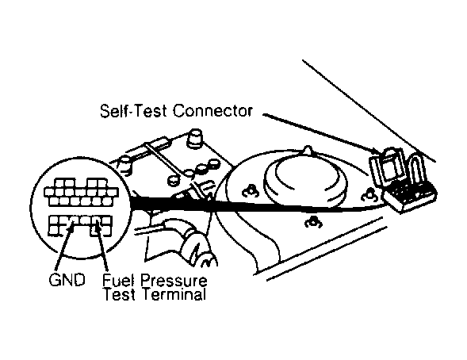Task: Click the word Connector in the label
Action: coord(212,111)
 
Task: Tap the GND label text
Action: coord(67,280)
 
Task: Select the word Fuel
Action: coord(118,280)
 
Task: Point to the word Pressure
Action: coord(174,281)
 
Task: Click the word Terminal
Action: coord(174,294)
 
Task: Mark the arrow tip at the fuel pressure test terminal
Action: coord(96,228)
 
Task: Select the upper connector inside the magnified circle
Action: coord(81,193)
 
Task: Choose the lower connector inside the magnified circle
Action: coord(80,225)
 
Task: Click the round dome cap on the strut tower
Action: coord(305,178)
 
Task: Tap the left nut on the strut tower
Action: coord(251,191)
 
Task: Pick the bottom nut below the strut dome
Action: coord(312,223)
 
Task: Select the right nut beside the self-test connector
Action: coord(369,196)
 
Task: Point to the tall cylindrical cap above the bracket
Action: coord(195,137)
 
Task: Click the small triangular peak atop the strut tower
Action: coord(308,149)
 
